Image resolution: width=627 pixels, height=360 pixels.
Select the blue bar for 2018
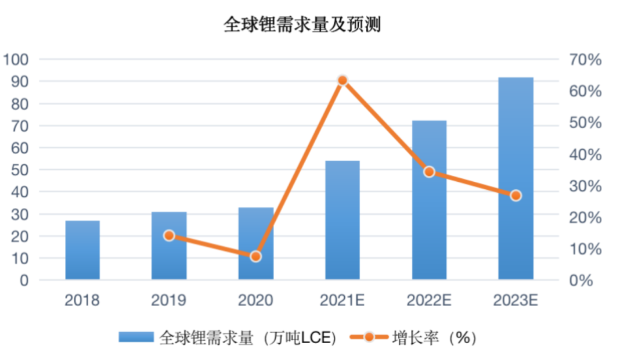tap(82, 250)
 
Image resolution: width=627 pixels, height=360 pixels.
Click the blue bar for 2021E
tap(343, 220)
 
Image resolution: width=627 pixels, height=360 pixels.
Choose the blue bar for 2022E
tap(429, 200)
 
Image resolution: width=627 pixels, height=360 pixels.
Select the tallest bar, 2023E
tap(516, 178)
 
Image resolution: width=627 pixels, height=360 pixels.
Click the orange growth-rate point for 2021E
tap(343, 80)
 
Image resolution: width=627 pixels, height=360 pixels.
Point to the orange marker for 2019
tap(169, 235)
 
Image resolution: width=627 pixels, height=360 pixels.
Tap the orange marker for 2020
tap(256, 256)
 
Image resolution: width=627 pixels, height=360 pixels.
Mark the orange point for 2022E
tap(429, 171)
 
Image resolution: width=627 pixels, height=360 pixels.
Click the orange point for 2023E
tap(516, 196)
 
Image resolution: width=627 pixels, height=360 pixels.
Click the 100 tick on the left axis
tap(17, 60)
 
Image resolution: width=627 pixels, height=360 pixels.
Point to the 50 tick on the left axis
tap(20, 170)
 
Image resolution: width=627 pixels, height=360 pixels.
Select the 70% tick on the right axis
tap(585, 60)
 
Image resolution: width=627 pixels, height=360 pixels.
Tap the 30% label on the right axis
tap(585, 186)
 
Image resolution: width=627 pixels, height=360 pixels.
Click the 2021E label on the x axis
tap(343, 300)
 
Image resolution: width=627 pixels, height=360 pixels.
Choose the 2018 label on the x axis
tap(82, 300)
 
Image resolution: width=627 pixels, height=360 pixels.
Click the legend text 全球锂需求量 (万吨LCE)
tap(248, 338)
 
